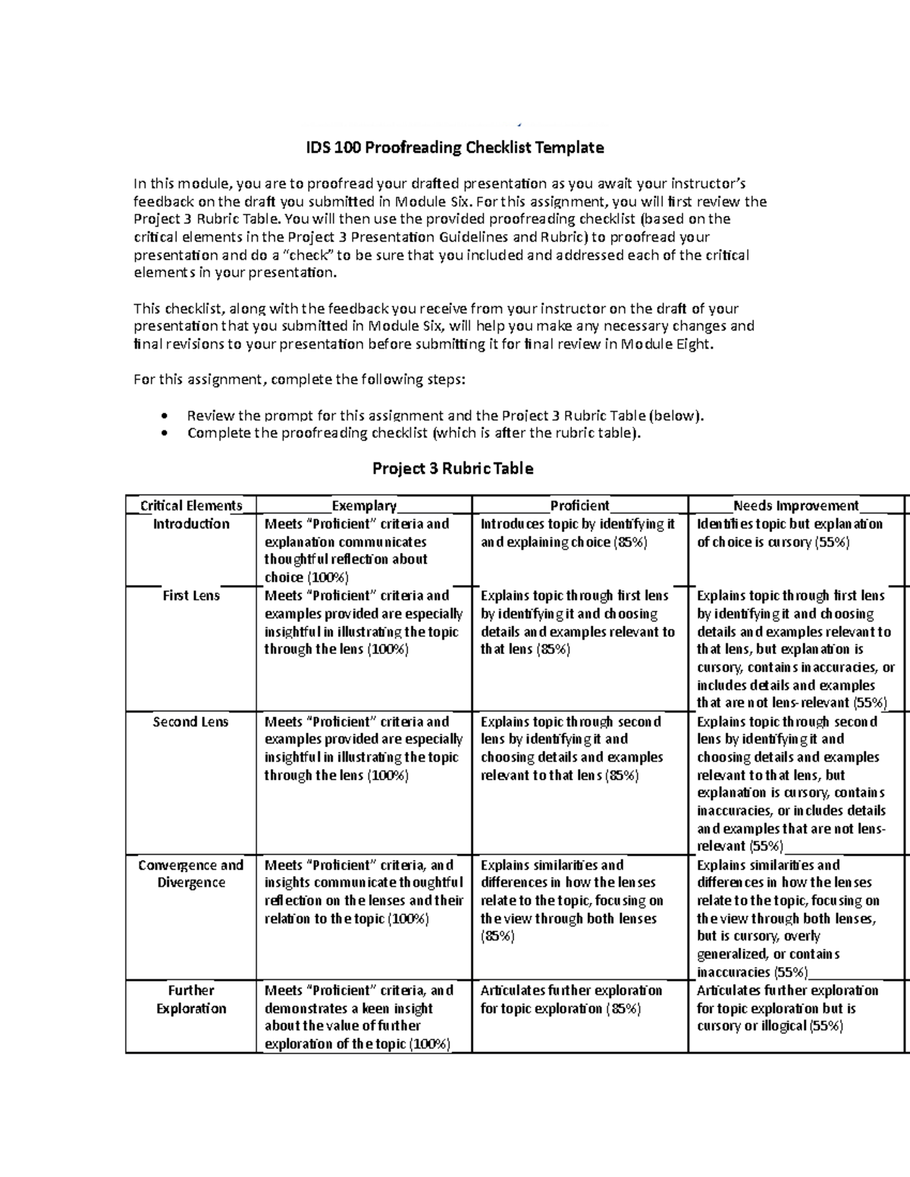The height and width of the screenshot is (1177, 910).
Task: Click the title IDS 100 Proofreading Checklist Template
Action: [x=454, y=148]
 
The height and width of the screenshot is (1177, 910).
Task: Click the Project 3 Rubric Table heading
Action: [x=453, y=468]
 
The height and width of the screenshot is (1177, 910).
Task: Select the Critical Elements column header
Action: [x=191, y=506]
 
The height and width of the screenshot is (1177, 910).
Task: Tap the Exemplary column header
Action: [x=364, y=506]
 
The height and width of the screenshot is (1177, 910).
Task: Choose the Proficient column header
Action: [x=579, y=506]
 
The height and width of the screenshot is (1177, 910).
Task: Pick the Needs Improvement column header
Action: [x=795, y=506]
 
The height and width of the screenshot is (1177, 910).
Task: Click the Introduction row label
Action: [x=191, y=524]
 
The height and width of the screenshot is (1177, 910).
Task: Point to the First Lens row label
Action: [x=191, y=596]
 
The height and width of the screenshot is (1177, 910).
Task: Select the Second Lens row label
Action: [x=191, y=722]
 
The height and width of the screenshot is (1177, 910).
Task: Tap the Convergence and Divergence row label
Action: [x=191, y=874]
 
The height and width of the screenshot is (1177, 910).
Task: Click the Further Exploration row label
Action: [x=191, y=999]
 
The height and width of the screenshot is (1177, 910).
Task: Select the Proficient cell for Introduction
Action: [x=578, y=533]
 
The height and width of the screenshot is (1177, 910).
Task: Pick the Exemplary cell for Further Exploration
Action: [x=359, y=1017]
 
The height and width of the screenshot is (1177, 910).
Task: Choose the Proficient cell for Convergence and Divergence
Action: [x=572, y=900]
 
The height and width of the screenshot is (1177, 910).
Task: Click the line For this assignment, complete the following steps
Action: [x=299, y=380]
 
